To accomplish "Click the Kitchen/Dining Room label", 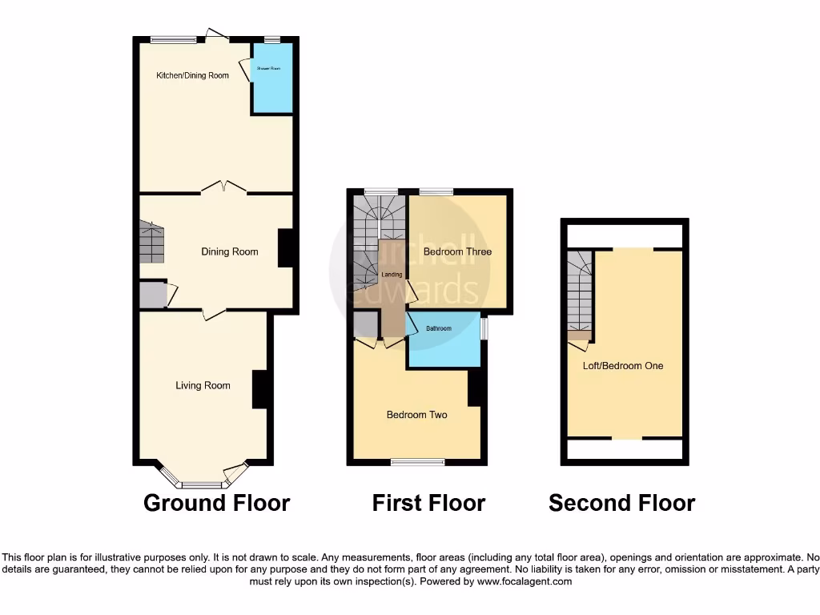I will tap(192, 75).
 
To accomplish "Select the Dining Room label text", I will tap(229, 251).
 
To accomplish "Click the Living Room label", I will tap(203, 385).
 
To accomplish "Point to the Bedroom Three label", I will tap(457, 251).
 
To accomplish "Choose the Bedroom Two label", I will tap(416, 415).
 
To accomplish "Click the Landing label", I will tap(392, 275).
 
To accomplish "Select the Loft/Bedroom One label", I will tap(623, 366).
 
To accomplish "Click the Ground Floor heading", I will tap(216, 503).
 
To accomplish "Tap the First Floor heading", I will tap(428, 503).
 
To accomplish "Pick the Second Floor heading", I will tap(621, 503).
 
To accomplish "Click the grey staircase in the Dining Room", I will tap(151, 243).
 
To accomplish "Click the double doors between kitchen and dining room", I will tap(223, 187).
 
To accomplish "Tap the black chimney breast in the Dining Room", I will tap(286, 248).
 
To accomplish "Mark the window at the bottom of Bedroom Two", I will tap(417, 462).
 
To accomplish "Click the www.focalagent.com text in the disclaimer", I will tap(525, 581).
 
